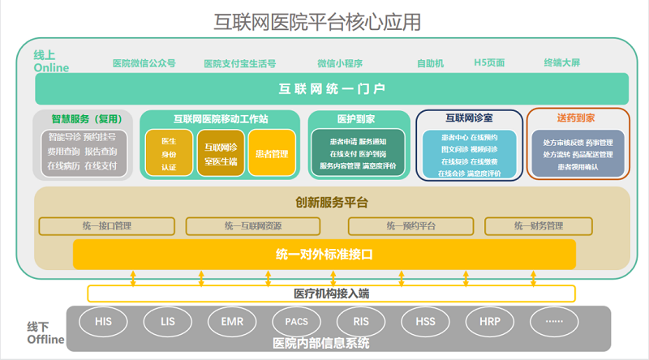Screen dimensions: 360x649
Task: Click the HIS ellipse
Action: tap(103, 322)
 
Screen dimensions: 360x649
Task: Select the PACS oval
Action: tap(296, 322)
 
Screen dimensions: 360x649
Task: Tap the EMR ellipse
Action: tap(232, 322)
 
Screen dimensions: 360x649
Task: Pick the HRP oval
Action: tap(489, 322)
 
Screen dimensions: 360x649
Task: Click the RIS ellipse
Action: tap(361, 322)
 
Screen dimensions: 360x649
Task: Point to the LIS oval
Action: tap(168, 322)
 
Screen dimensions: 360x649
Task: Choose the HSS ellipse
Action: tap(425, 322)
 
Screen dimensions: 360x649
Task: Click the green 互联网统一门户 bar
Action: tap(332, 88)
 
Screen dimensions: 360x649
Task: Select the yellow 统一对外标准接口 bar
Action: tap(324, 254)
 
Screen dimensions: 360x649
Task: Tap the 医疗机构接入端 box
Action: tap(331, 293)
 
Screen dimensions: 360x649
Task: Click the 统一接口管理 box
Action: tap(107, 225)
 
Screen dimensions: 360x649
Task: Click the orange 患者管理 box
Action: tap(272, 153)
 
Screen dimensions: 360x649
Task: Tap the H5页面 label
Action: tap(489, 63)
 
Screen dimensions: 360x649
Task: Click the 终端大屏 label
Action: tap(562, 63)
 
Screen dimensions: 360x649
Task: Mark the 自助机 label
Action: tap(430, 63)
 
